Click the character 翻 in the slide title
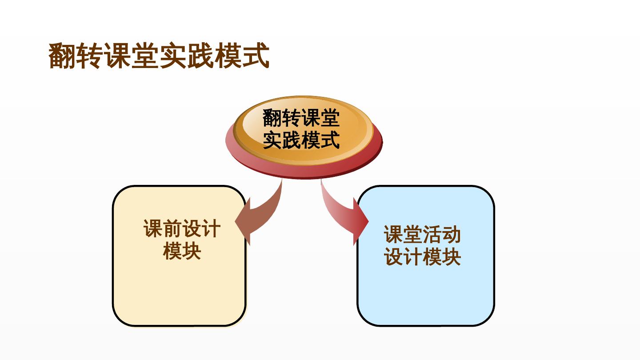tap(62, 56)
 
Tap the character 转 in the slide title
tap(90, 56)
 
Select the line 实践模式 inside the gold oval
tap(301, 140)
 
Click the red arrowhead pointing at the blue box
tap(360, 221)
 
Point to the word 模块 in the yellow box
tap(182, 251)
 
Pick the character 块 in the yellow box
tap(192, 251)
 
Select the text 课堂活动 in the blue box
tap(422, 235)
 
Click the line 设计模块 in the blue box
tap(422, 256)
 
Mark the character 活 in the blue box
tap(432, 235)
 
